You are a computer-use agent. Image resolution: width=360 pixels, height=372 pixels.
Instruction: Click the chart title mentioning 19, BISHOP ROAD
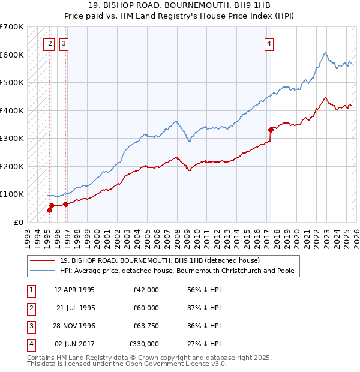click(180, 5)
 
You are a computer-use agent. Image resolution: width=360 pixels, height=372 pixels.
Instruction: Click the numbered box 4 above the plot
click(270, 43)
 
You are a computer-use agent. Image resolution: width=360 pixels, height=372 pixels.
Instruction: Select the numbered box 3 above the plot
click(64, 43)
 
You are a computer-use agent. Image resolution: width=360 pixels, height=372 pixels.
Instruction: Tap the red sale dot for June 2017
click(271, 129)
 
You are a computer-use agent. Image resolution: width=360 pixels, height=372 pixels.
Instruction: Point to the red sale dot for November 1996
click(65, 204)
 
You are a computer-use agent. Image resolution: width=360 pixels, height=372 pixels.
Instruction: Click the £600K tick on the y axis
click(12, 55)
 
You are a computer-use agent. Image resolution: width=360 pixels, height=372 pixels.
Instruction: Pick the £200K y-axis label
click(12, 166)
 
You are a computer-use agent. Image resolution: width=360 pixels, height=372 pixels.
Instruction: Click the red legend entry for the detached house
click(160, 261)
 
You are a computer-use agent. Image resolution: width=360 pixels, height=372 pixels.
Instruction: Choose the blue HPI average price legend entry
click(176, 271)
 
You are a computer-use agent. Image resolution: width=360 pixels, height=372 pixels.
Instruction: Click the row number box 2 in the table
click(31, 308)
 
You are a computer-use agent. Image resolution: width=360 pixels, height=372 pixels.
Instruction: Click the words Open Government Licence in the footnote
click(174, 364)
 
